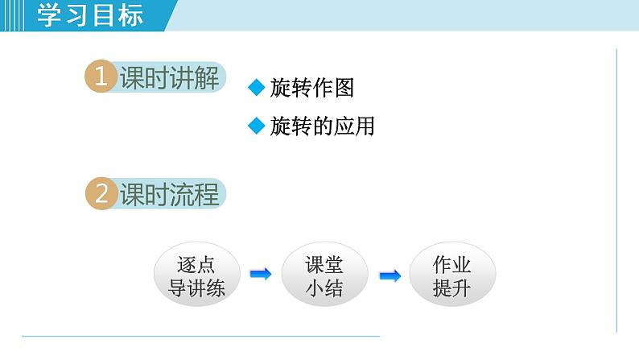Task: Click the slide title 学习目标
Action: click(x=90, y=15)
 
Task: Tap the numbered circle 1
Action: click(x=101, y=78)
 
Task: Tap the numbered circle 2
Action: click(x=101, y=195)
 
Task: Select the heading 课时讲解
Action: click(x=169, y=78)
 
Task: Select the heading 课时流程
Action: click(x=169, y=195)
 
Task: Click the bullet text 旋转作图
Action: click(x=312, y=88)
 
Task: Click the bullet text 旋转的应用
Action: click(x=322, y=126)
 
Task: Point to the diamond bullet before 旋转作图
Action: click(x=257, y=88)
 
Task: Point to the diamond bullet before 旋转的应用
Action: click(x=257, y=126)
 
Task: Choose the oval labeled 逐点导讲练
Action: click(x=196, y=276)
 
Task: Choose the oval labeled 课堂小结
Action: click(x=324, y=276)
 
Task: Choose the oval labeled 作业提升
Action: click(x=451, y=276)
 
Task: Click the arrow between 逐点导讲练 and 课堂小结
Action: click(x=260, y=275)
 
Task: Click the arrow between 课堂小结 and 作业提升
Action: click(x=390, y=276)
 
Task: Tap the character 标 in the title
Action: click(x=129, y=15)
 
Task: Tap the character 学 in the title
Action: click(x=52, y=15)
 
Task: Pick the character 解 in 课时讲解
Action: click(x=207, y=78)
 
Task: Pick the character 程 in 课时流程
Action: click(x=207, y=195)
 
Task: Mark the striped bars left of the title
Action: click(x=15, y=15)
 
